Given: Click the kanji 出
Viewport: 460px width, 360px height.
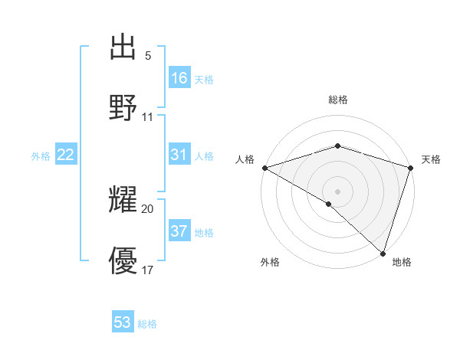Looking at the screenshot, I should [123, 47].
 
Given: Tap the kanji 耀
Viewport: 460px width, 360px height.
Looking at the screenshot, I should [123, 201].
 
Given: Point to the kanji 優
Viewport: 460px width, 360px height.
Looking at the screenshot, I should [123, 261].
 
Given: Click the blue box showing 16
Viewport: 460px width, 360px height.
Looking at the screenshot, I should [179, 77].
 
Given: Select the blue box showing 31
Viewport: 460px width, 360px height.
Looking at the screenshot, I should [179, 155].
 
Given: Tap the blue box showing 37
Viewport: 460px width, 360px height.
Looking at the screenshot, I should [179, 231].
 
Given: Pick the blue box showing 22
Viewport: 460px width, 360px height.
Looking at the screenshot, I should [66, 155].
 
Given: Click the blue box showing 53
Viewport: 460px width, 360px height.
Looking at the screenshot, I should [123, 322].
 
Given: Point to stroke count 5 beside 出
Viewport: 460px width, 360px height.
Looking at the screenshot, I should [148, 56].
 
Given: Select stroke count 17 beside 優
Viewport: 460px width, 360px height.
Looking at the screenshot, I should [148, 270].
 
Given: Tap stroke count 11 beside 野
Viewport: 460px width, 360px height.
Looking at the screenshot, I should [148, 116].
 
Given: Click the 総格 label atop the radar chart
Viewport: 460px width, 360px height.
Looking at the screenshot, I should [337, 100].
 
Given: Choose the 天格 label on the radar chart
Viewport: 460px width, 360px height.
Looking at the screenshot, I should [431, 159].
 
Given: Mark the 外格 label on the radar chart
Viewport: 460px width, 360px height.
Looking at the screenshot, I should [270, 263].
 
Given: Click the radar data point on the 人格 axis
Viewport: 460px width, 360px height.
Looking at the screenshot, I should [264, 168].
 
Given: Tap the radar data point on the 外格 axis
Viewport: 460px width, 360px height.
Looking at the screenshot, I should [329, 204].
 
